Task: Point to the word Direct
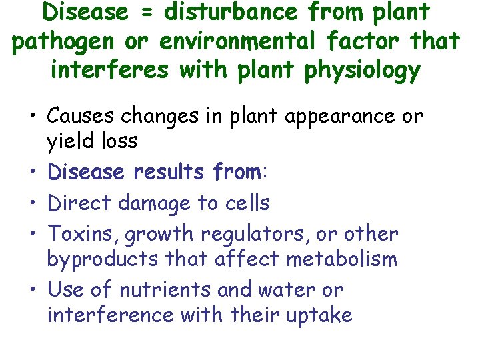click(x=79, y=203)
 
